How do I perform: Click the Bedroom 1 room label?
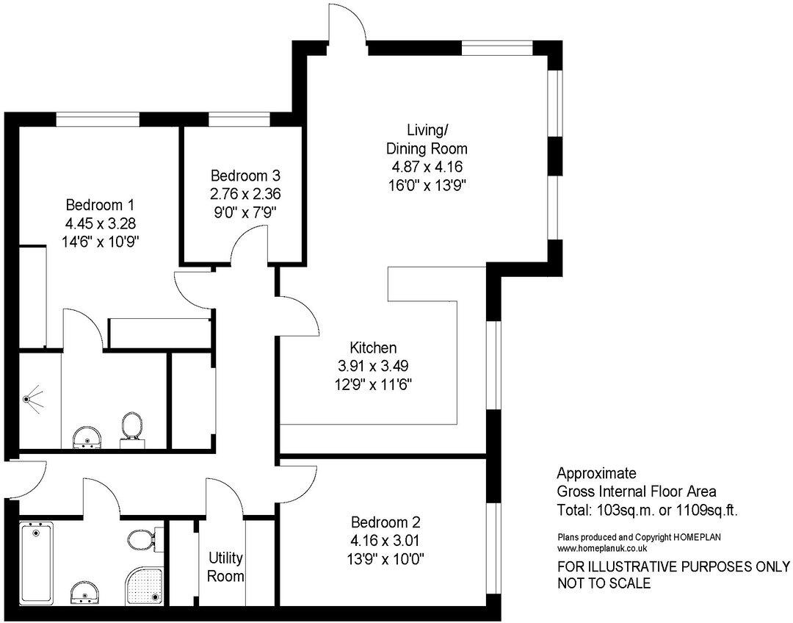99,204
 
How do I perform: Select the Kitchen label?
373,347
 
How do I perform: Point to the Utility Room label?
225,566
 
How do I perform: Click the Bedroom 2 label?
385,523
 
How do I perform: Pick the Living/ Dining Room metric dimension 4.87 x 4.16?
427,167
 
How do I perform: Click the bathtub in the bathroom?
36,561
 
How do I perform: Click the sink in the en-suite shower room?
87,436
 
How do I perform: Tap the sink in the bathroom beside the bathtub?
87,592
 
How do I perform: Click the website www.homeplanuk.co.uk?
602,548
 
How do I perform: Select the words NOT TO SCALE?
604,584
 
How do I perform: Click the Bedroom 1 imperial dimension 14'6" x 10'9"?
99,240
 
